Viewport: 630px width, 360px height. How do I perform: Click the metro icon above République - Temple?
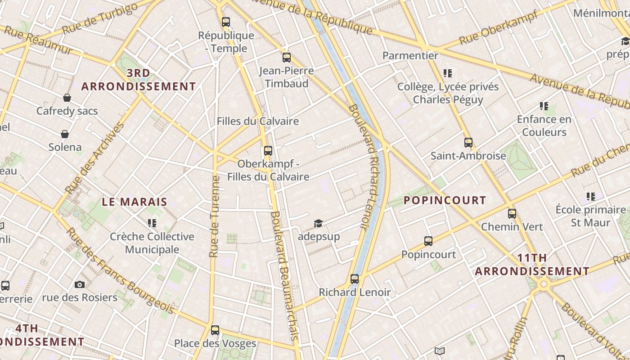[226, 22]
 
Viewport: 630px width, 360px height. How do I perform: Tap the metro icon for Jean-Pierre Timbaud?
[287, 57]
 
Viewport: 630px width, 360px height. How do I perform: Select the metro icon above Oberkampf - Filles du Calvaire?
[268, 150]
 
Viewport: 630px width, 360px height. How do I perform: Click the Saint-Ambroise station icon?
[468, 143]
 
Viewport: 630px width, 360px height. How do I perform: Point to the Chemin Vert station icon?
[512, 213]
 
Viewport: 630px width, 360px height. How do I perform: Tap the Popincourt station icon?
[428, 241]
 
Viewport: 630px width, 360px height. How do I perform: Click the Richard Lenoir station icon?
[355, 279]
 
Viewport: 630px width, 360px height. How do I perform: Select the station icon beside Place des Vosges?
[215, 330]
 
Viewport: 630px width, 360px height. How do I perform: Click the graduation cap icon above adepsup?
[319, 223]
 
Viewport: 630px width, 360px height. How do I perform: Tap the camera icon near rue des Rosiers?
[80, 284]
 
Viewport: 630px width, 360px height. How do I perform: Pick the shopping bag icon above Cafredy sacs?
[67, 98]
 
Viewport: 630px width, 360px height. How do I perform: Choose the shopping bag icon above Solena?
[65, 134]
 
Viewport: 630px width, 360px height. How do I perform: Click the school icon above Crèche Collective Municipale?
[152, 223]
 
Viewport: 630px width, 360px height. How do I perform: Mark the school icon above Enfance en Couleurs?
[544, 106]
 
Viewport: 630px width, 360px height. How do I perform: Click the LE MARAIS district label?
[135, 202]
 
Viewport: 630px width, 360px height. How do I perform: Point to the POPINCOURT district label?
[445, 200]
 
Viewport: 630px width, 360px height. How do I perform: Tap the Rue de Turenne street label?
[214, 216]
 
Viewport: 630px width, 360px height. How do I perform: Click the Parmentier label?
[410, 56]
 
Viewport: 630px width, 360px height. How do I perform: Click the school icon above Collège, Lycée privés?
[447, 73]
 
